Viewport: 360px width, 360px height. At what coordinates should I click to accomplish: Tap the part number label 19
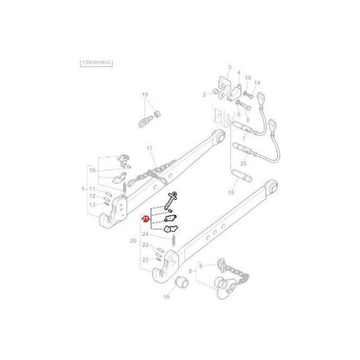coord(144,95)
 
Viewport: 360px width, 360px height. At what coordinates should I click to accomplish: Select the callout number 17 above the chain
coord(152,149)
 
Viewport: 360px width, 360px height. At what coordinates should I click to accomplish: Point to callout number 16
coord(166,298)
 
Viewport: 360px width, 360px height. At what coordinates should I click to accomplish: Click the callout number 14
coord(258,84)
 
